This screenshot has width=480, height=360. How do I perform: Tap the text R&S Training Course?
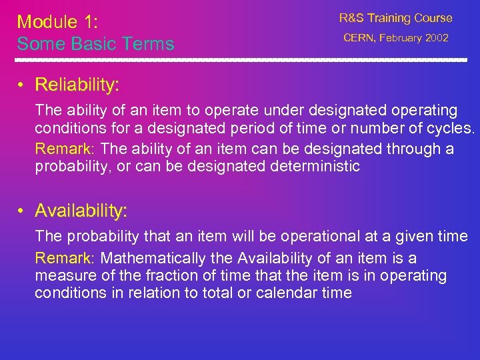coord(395,18)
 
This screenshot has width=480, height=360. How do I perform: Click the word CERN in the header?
coord(359,39)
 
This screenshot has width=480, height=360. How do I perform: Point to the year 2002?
coord(437,39)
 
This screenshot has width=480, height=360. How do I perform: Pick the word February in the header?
coord(399,39)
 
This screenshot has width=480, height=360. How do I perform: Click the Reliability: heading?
coord(77,85)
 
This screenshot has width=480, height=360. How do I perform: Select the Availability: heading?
coord(81,211)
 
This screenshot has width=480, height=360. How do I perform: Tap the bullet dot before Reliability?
coord(22,85)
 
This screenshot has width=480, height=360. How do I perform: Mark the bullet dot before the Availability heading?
coord(22,212)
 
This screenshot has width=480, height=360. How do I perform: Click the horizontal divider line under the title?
coord(240,60)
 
